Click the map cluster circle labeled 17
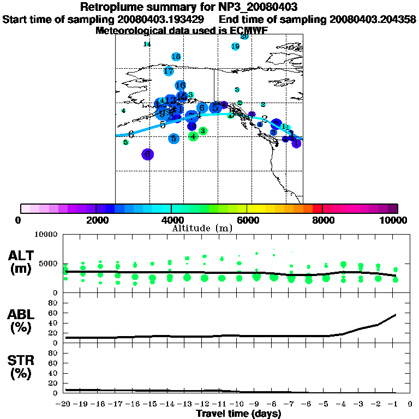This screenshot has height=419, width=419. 169,71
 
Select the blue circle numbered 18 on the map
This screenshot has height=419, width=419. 176,57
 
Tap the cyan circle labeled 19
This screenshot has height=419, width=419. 236,46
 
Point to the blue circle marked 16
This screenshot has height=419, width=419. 181,85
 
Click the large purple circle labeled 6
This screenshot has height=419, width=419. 147,154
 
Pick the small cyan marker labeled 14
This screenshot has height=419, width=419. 147,44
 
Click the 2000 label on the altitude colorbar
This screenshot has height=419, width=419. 96,220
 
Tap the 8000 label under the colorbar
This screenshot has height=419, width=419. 323,220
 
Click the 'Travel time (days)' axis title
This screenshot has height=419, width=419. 238,414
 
